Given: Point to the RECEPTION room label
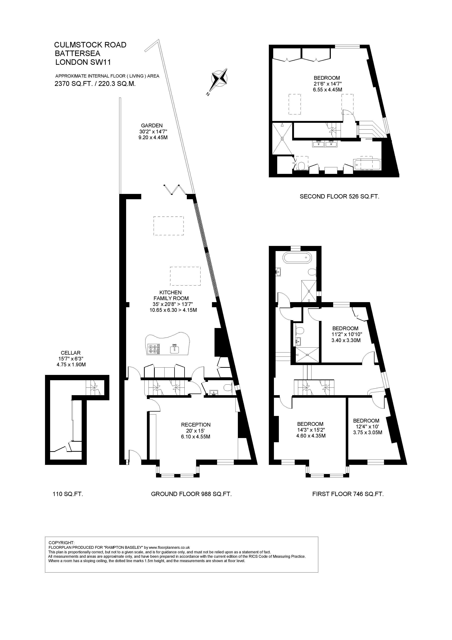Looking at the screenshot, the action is click(196, 425).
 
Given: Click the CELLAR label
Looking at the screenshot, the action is click(71, 353).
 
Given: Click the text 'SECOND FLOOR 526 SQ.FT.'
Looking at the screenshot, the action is click(340, 196).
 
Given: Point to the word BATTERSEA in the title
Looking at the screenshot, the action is click(77, 53).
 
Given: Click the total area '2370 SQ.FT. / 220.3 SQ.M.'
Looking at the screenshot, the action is click(95, 84).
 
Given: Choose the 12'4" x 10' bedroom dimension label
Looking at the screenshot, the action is click(366, 427).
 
